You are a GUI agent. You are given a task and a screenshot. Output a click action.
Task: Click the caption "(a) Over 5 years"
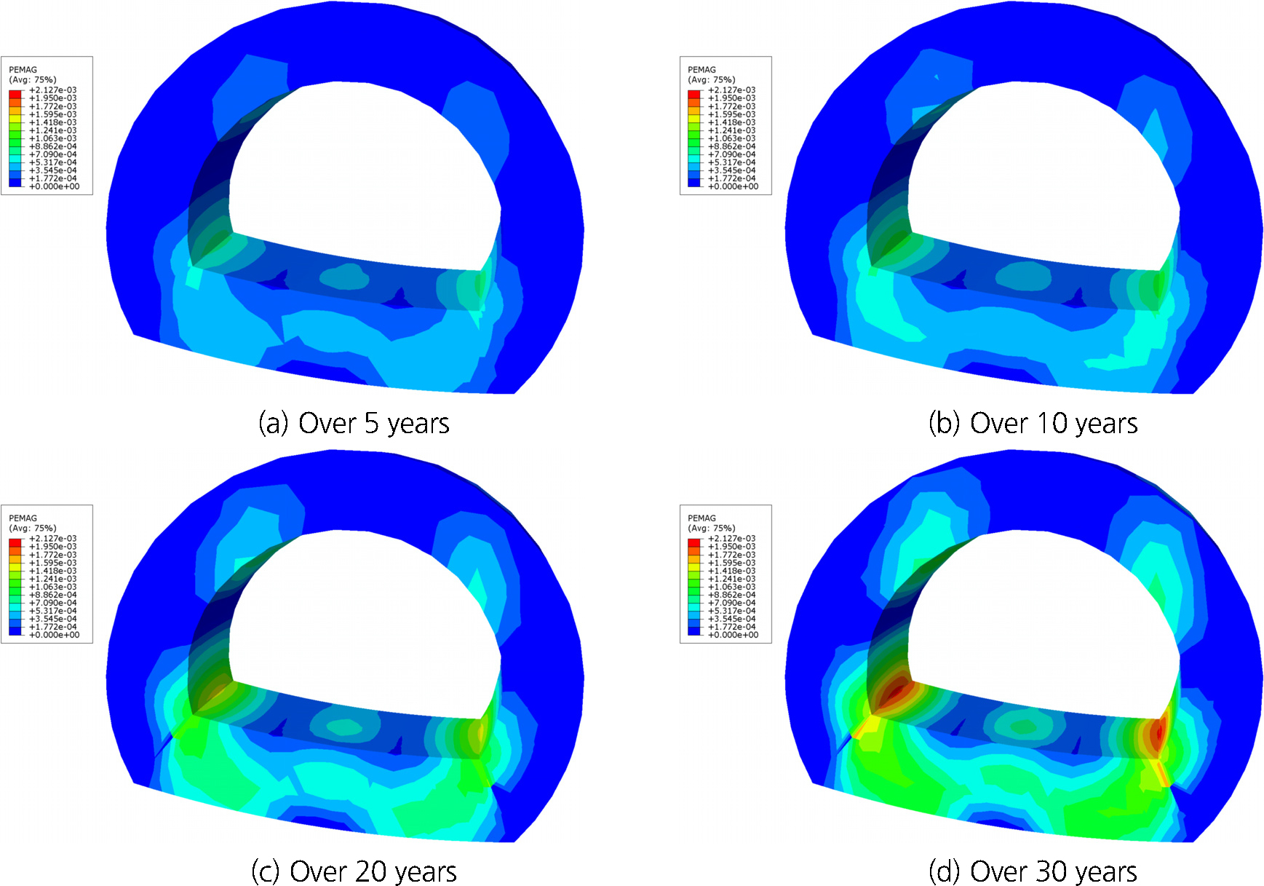pyautogui.click(x=354, y=423)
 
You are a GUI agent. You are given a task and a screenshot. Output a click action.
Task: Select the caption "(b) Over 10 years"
pyautogui.click(x=1033, y=423)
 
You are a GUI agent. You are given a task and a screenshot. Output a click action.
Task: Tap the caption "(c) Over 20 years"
pyautogui.click(x=354, y=871)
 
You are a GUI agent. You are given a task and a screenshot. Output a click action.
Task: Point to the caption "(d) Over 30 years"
pyautogui.click(x=1033, y=871)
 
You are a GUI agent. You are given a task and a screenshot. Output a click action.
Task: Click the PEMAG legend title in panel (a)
pyautogui.click(x=23, y=70)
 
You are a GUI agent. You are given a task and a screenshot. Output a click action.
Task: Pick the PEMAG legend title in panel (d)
pyautogui.click(x=701, y=518)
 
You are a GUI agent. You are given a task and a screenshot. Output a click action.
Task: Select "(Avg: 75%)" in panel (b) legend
pyautogui.click(x=712, y=80)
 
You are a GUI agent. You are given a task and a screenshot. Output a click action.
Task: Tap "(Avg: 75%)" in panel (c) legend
pyautogui.click(x=33, y=529)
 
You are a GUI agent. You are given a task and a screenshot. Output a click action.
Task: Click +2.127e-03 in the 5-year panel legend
pyautogui.click(x=52, y=90)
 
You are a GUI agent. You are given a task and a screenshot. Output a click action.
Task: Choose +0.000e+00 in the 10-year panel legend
pyautogui.click(x=733, y=186)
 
